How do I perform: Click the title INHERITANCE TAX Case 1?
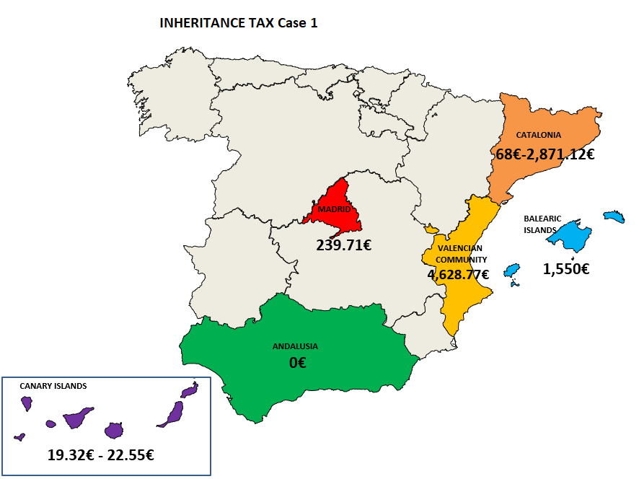(x=239, y=23)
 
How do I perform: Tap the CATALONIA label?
(x=538, y=135)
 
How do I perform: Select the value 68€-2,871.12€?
(x=545, y=154)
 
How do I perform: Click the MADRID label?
(x=334, y=210)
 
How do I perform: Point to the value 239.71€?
(x=343, y=245)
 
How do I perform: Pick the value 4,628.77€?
(x=458, y=274)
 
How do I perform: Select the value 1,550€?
(x=566, y=269)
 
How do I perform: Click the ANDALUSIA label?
(x=295, y=346)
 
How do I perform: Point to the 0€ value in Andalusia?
(x=297, y=363)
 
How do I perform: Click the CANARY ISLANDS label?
(x=53, y=386)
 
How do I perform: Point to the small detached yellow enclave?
(x=431, y=229)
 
